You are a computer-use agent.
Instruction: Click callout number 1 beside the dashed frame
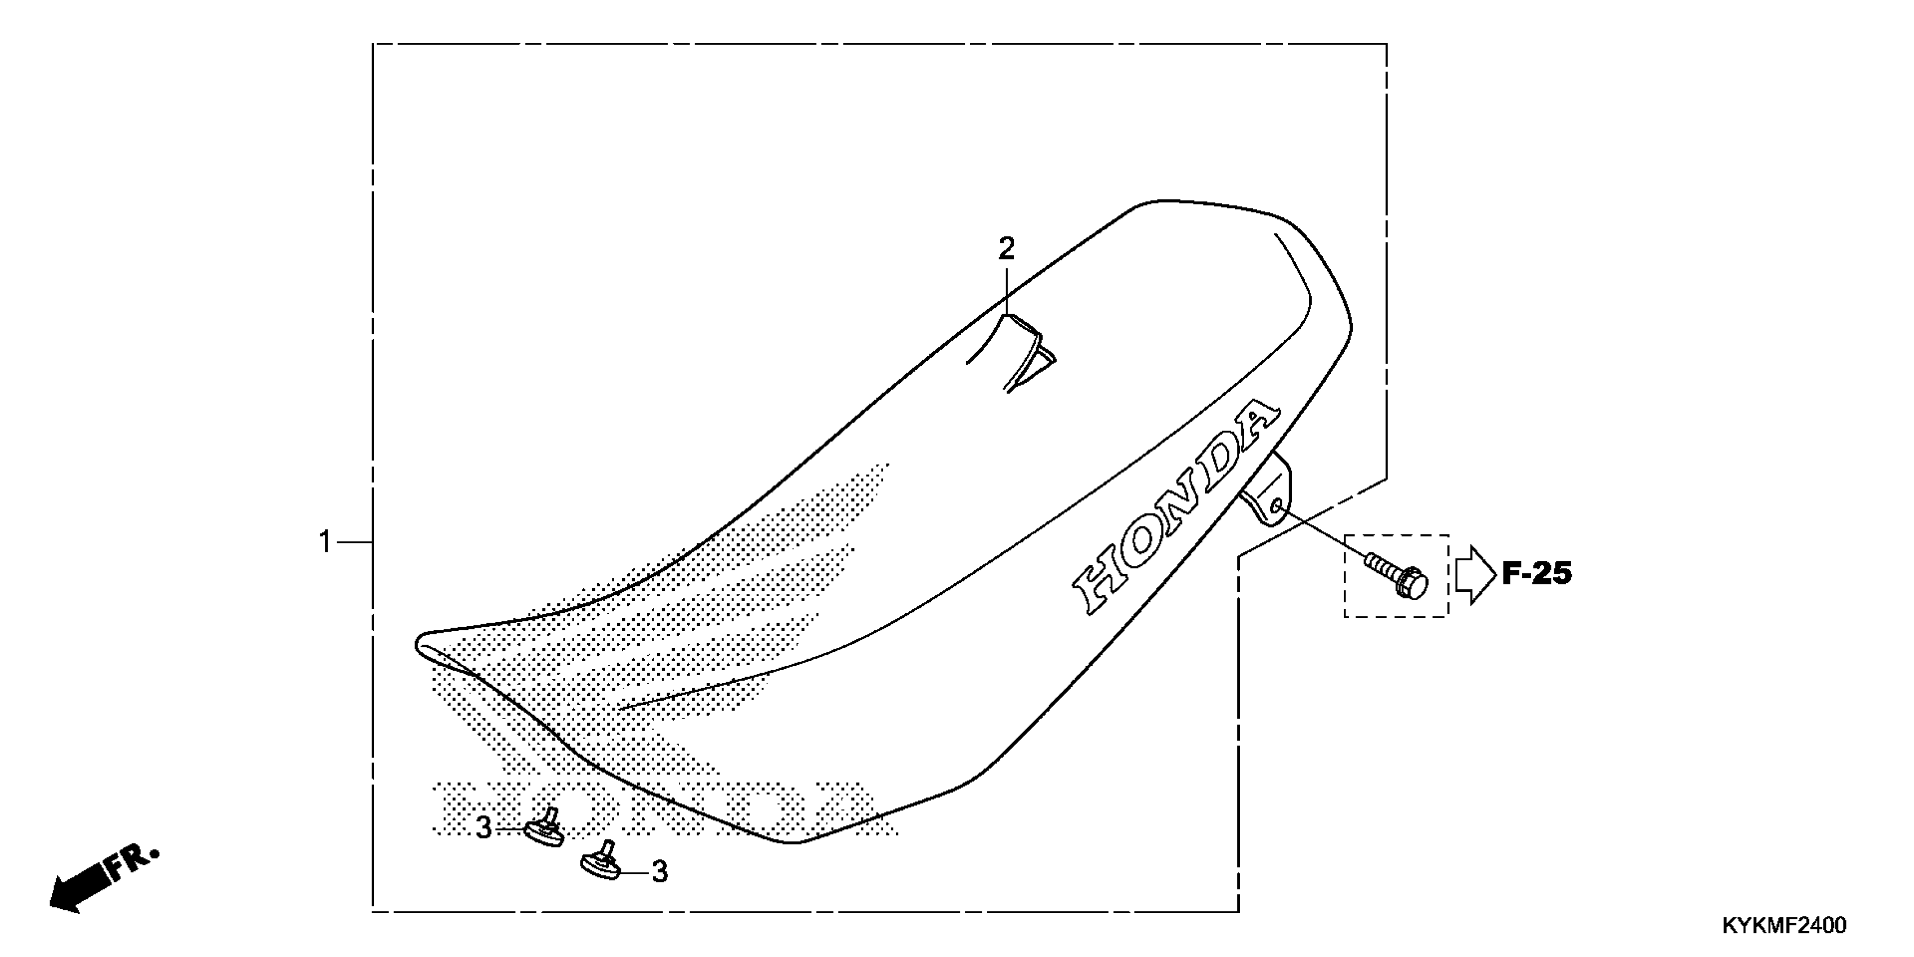[325, 543]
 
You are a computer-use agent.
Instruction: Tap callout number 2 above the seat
[1006, 249]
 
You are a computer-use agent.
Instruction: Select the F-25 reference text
[1537, 574]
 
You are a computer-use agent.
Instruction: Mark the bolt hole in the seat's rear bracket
[1276, 507]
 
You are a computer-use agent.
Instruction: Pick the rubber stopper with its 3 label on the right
[601, 862]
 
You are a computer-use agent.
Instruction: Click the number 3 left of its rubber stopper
[484, 828]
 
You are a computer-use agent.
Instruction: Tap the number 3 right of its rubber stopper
[660, 871]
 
